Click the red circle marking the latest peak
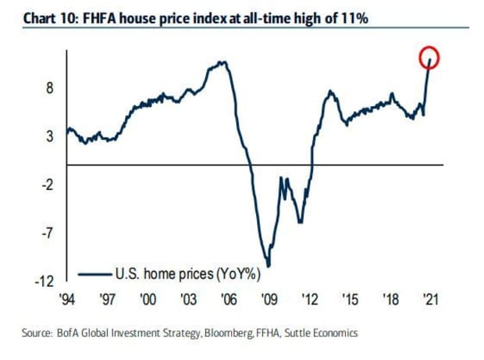click(429, 58)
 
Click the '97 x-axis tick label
click(109, 299)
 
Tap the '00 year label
click(148, 299)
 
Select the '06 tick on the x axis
click(229, 299)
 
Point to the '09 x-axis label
click(269, 299)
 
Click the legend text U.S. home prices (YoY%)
click(187, 273)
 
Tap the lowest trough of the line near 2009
click(269, 266)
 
